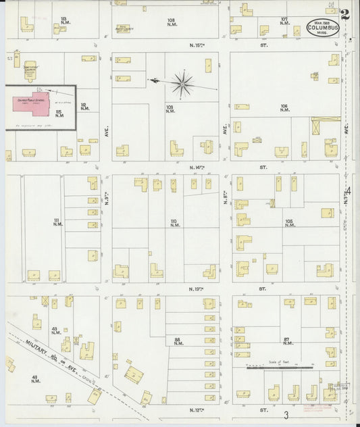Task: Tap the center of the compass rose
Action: click(182, 84)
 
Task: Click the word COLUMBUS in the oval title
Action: click(323, 29)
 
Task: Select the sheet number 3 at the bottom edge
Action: click(286, 415)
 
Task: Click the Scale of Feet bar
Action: click(280, 368)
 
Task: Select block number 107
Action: click(284, 20)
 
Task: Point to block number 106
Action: click(284, 107)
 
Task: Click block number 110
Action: click(174, 222)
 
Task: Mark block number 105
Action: click(289, 222)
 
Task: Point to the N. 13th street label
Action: click(197, 288)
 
